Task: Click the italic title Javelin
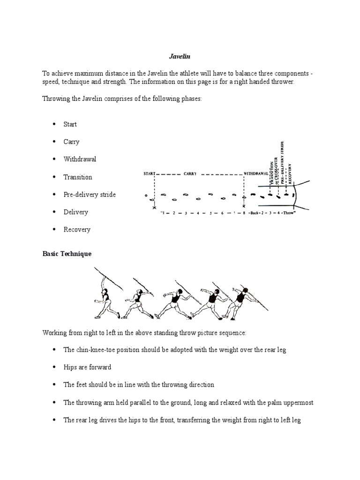(x=180, y=57)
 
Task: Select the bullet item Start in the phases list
(x=70, y=124)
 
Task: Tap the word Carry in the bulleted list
(x=72, y=142)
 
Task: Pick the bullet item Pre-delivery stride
(x=90, y=195)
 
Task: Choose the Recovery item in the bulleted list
(x=77, y=230)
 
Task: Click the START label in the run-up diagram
(x=149, y=174)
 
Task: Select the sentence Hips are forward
(x=87, y=367)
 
